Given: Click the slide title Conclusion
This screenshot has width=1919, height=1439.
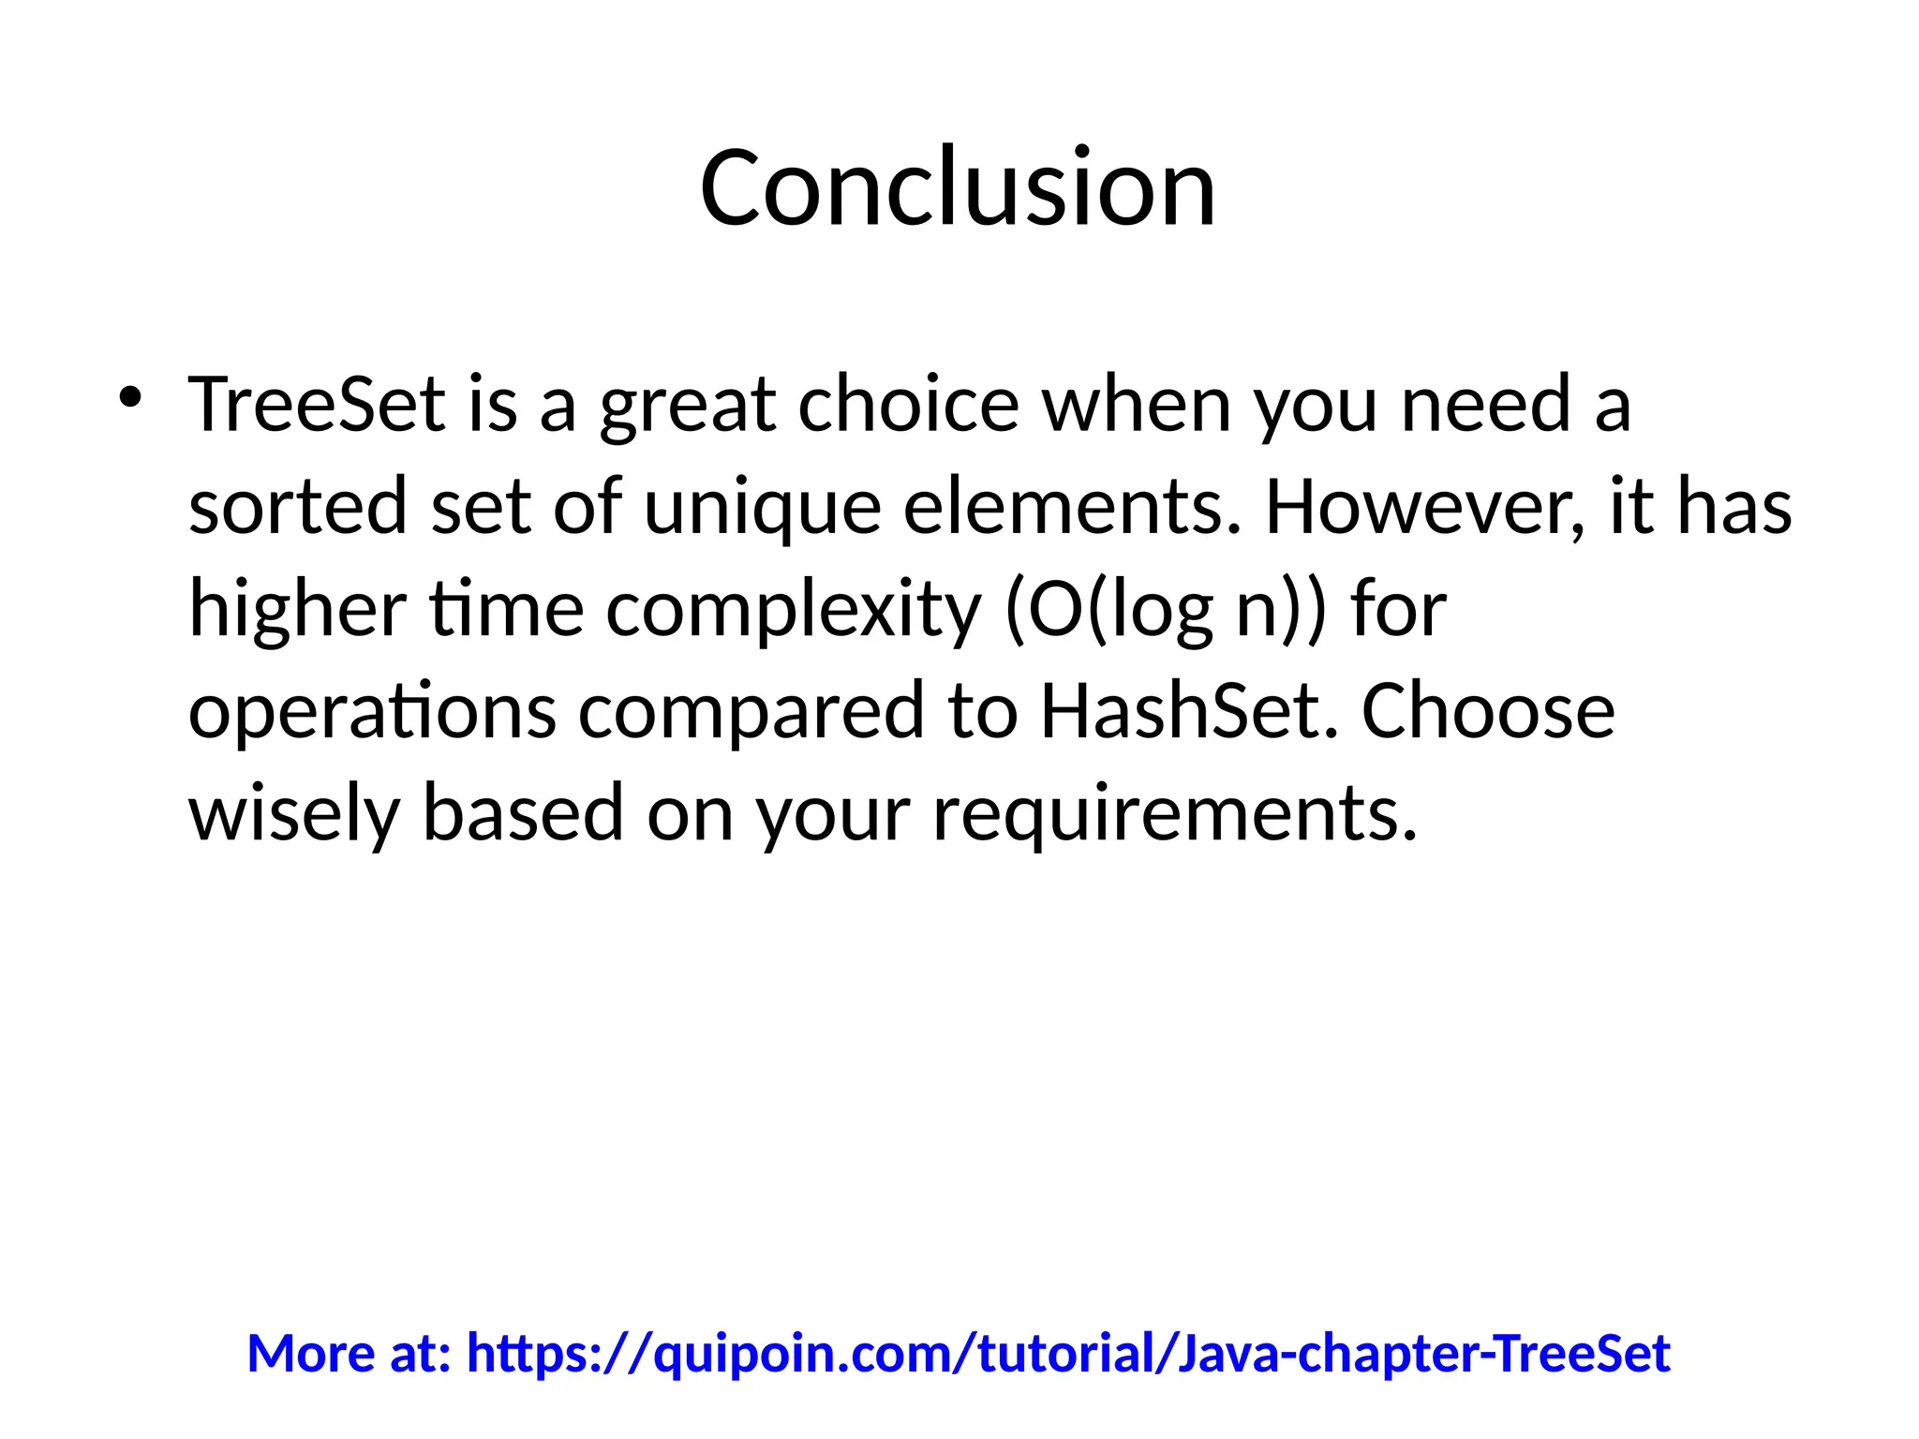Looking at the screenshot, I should tap(958, 188).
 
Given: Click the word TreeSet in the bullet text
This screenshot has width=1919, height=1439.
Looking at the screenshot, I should tap(317, 405).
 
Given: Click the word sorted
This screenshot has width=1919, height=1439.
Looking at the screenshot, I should tap(298, 507).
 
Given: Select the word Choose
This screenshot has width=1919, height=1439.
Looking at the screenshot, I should tap(1488, 710).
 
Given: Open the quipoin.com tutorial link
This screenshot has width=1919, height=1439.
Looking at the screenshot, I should tap(1068, 1355).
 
